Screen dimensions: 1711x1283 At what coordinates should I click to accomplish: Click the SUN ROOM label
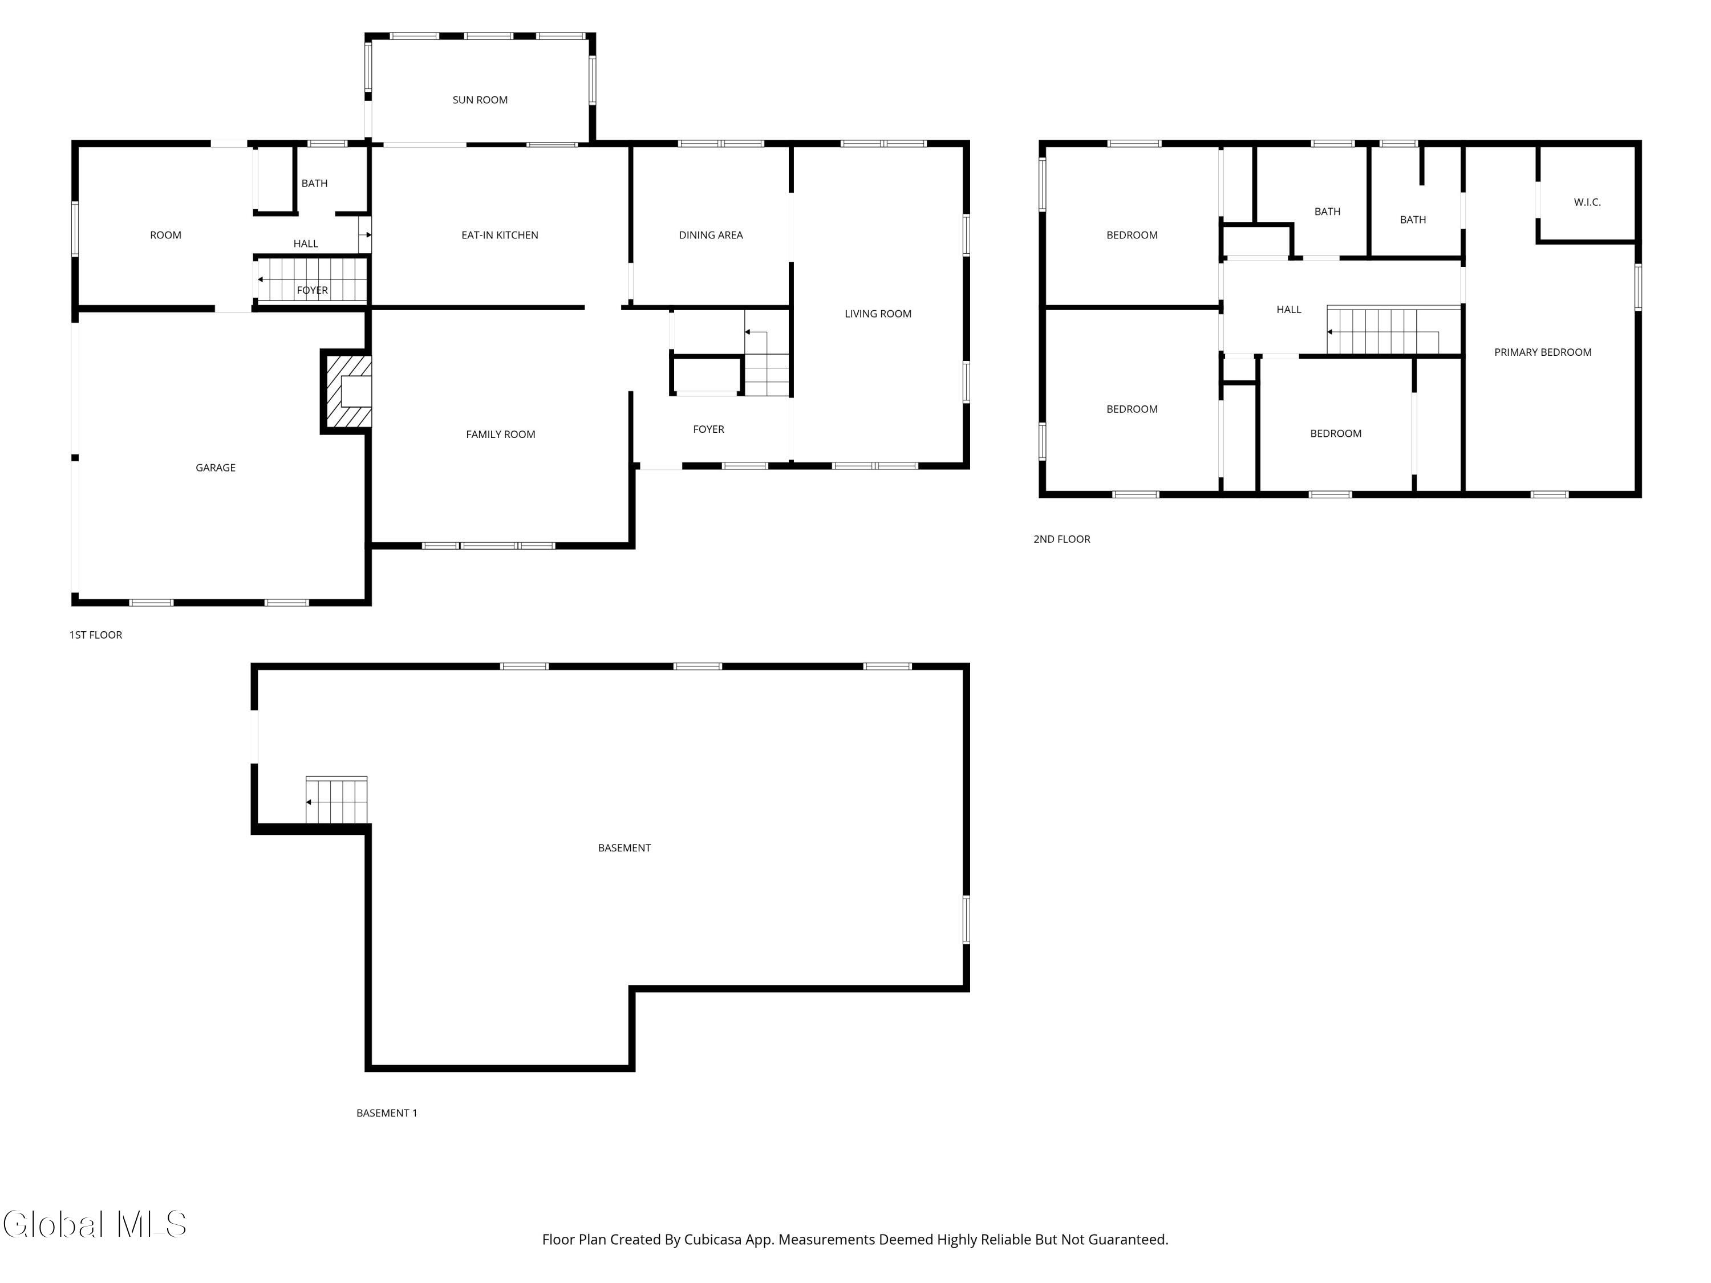(480, 100)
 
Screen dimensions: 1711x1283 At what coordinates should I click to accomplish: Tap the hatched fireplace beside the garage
(347, 391)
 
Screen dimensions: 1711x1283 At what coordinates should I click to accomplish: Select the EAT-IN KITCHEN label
(500, 235)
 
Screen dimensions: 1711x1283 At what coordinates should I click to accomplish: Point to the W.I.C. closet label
(1587, 202)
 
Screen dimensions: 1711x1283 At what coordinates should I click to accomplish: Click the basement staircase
(336, 799)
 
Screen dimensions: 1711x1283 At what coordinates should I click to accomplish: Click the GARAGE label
(215, 468)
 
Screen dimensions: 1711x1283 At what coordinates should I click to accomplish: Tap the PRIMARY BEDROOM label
(1542, 352)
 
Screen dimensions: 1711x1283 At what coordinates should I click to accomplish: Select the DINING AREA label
(711, 235)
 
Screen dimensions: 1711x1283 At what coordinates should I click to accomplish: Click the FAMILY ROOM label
(500, 435)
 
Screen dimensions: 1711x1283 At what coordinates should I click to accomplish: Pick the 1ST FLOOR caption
(96, 635)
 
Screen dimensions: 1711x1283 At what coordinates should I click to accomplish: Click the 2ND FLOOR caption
(1062, 539)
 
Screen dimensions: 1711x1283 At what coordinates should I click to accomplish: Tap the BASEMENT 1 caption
(387, 1113)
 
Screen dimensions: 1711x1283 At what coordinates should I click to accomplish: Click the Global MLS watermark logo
(94, 1224)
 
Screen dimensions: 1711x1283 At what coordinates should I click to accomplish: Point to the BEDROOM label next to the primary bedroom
(1336, 434)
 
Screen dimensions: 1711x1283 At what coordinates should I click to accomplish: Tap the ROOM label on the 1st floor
(165, 235)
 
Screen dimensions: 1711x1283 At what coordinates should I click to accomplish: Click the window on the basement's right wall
(966, 920)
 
